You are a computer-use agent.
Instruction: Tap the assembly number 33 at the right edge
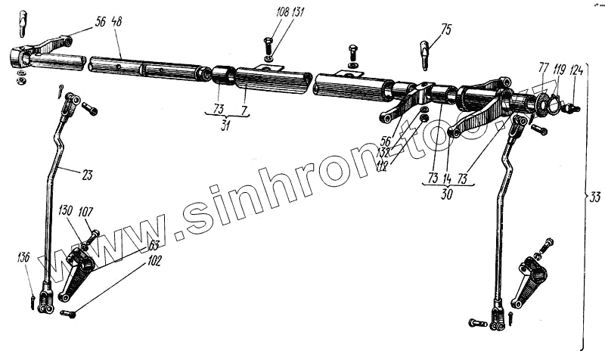coord(595,198)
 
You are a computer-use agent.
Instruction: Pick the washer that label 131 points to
coord(269,59)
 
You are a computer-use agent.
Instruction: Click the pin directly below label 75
coord(426,52)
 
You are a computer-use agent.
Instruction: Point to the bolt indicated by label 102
coord(67,312)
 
